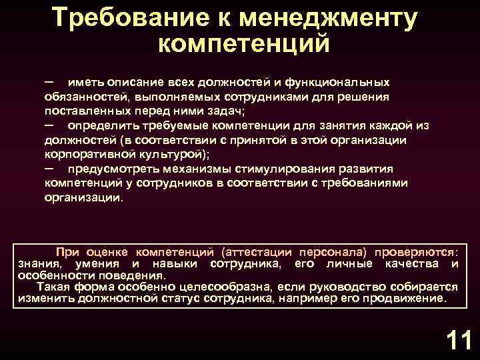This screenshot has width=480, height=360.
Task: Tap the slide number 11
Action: [x=458, y=341]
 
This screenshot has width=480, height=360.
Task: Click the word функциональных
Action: [x=337, y=82]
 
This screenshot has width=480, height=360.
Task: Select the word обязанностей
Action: [x=83, y=97]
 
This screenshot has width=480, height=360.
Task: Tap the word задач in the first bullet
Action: [x=225, y=111]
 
